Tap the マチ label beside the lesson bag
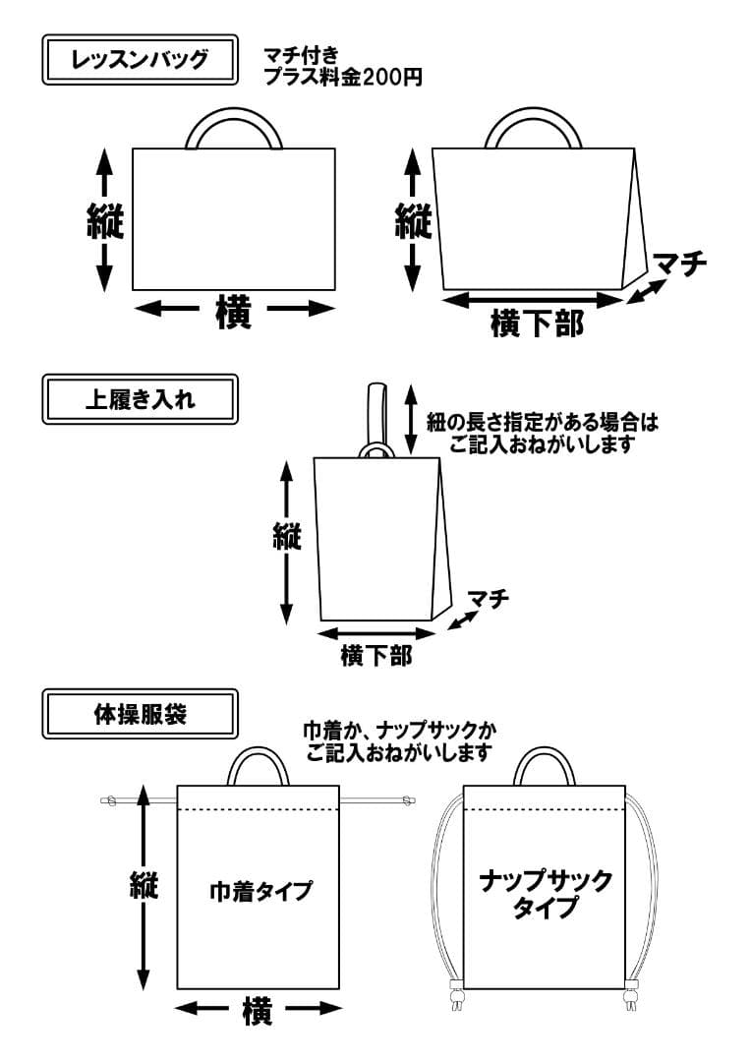click(680, 264)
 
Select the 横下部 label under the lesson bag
click(536, 322)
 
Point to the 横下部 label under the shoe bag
click(375, 656)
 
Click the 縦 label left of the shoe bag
click(286, 537)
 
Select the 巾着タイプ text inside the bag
click(260, 891)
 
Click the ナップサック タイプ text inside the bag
click(546, 893)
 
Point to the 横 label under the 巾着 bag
click(257, 1010)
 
